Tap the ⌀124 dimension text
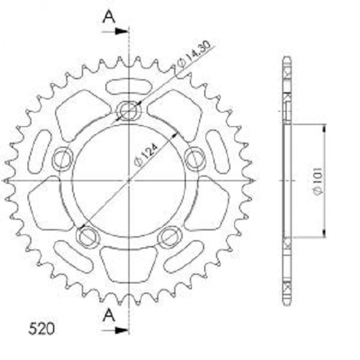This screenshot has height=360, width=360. coord(147,154)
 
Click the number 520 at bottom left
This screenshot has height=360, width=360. coord(41,329)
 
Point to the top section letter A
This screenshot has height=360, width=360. coord(109,17)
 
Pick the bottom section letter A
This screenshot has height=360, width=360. coord(109,315)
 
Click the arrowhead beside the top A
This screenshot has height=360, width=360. coord(121,31)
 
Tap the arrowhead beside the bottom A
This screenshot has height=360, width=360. coord(121,331)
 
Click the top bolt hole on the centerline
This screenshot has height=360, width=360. coord(128,111)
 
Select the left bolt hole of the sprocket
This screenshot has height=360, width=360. coord(63,159)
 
